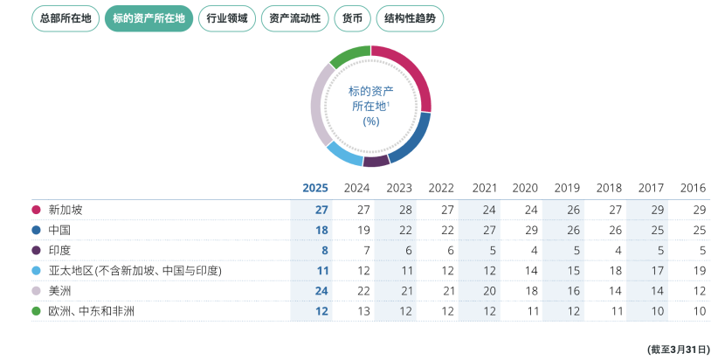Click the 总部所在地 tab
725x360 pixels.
click(x=66, y=18)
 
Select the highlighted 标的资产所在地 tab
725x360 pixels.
click(x=148, y=18)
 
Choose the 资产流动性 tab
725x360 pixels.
click(x=294, y=18)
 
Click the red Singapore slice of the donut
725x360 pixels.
click(x=415, y=77)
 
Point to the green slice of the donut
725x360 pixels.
click(x=349, y=56)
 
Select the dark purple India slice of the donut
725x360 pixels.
click(x=376, y=161)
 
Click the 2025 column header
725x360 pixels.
click(x=314, y=188)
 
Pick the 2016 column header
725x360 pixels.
click(x=693, y=188)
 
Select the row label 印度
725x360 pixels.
click(x=60, y=250)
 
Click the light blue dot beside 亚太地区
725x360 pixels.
click(x=37, y=271)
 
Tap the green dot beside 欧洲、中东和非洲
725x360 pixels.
click(x=37, y=310)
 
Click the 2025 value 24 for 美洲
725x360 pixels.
click(x=321, y=291)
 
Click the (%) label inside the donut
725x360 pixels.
click(x=370, y=121)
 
